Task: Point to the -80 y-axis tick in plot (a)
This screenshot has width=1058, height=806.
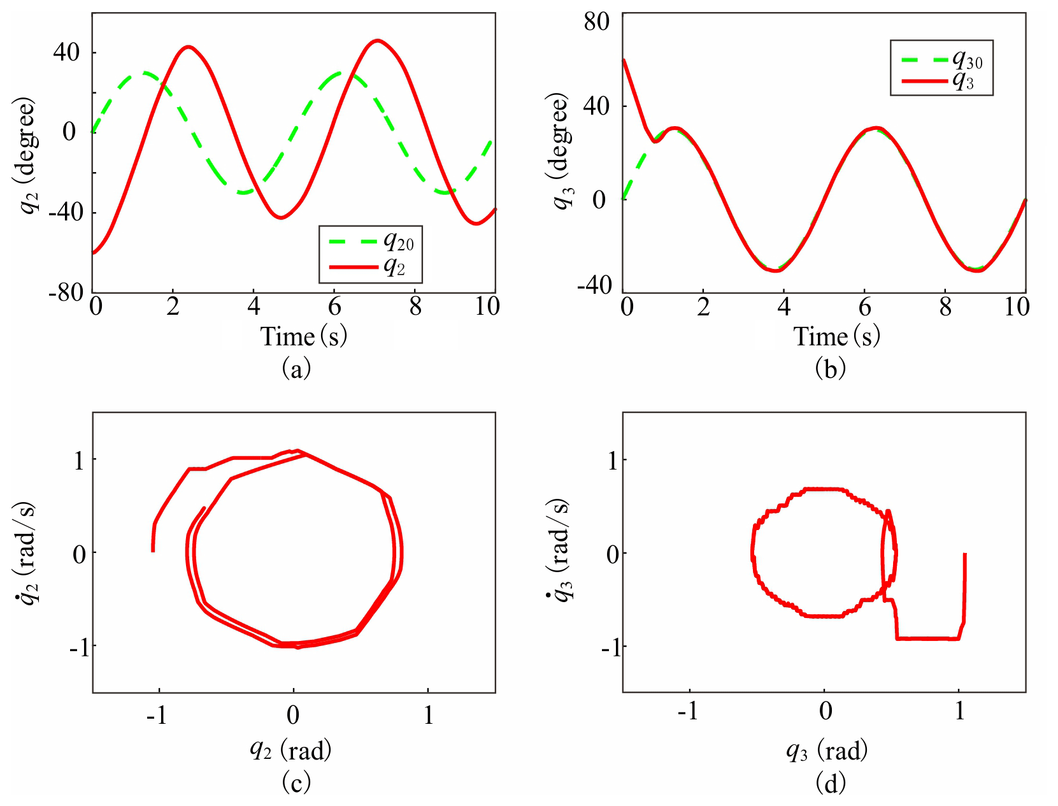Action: [66, 292]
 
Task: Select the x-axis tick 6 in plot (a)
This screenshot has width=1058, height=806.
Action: [335, 307]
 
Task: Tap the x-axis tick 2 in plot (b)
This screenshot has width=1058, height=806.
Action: [703, 307]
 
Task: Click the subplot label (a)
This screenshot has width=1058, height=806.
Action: [296, 368]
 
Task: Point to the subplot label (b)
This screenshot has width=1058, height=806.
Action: [830, 368]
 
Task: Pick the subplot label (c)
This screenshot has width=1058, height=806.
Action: [296, 782]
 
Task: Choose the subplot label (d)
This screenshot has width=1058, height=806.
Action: [831, 782]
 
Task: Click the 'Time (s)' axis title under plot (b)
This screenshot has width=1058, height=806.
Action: [836, 336]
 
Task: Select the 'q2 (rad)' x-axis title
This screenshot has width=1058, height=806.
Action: [290, 750]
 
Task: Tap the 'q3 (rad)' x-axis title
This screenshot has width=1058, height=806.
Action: [827, 751]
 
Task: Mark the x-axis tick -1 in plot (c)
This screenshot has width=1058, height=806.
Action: [157, 715]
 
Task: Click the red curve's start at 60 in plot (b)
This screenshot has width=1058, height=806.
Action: [624, 60]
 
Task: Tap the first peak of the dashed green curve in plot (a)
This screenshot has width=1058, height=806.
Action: [145, 72]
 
